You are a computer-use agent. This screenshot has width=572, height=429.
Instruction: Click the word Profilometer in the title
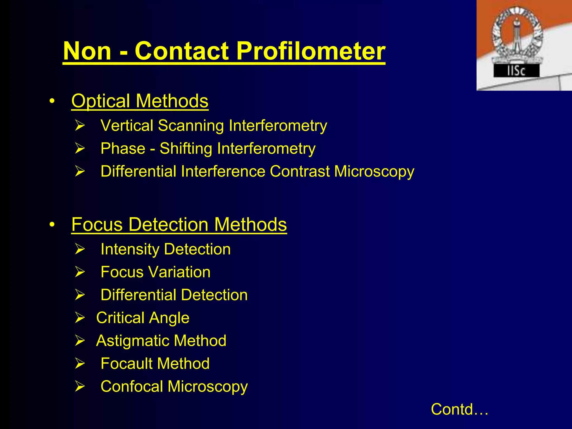pos(311,51)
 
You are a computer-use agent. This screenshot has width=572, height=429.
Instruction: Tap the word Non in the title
pos(87,51)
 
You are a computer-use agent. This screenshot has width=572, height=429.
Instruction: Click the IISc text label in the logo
pos(516,71)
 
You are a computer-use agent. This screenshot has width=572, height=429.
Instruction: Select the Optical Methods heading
pos(140,101)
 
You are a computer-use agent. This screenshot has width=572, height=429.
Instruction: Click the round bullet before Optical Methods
pos(52,101)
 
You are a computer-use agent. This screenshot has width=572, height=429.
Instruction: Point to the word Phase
pos(123,148)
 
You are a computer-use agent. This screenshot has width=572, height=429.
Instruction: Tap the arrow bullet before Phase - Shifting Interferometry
pos(80,148)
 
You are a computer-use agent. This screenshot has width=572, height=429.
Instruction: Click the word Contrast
pos(299,171)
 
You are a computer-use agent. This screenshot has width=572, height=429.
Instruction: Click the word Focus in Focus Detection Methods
pos(97,224)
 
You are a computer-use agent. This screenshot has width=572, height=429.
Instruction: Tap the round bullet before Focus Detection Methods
pos(52,225)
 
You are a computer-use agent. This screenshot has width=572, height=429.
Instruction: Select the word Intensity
pos(130,249)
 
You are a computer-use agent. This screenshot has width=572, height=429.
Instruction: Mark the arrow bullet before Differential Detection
pos(80,295)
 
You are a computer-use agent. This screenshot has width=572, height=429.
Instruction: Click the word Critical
pos(120,318)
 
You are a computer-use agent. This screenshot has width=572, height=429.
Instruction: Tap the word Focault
pos(126,364)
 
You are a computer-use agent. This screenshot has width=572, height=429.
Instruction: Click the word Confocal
pos(132,387)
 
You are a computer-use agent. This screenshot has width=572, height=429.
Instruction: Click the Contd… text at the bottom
pos(459,409)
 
